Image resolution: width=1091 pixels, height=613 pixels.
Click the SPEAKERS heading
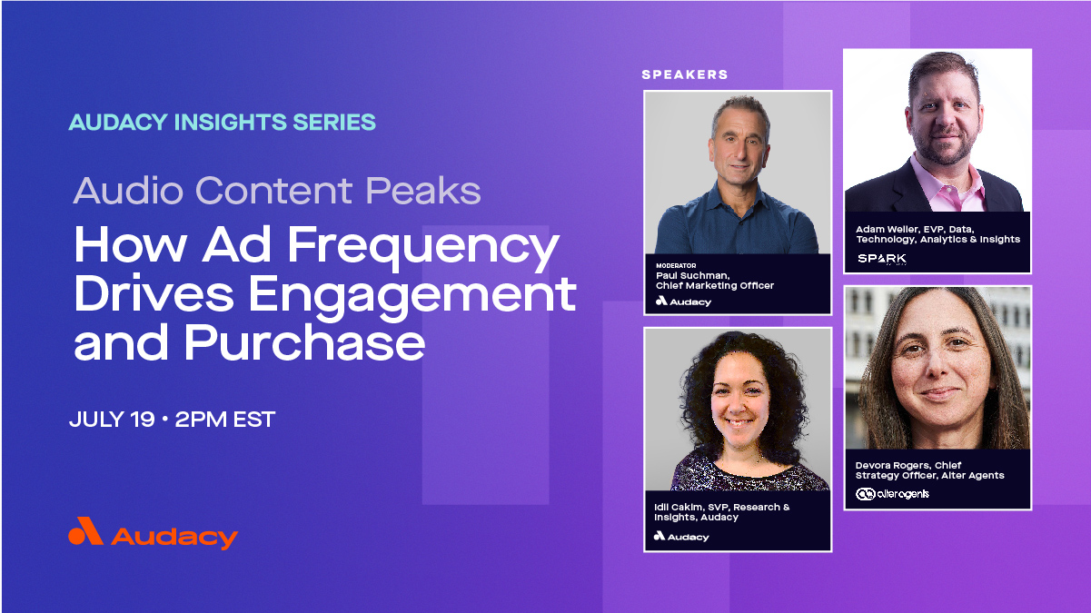coord(685,74)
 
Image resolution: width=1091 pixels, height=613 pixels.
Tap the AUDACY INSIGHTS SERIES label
coord(222,122)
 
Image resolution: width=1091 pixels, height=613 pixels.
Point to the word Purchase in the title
coord(304,343)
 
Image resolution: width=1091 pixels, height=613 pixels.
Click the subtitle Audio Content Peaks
coord(277,191)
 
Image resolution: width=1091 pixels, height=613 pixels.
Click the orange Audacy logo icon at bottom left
coord(85,532)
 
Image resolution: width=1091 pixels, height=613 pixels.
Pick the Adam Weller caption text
coord(937,234)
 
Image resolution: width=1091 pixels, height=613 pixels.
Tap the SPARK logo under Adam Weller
coord(881,259)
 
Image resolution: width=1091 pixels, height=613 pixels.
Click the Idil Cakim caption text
coord(721,512)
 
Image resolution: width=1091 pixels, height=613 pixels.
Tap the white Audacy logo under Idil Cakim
coord(681,537)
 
